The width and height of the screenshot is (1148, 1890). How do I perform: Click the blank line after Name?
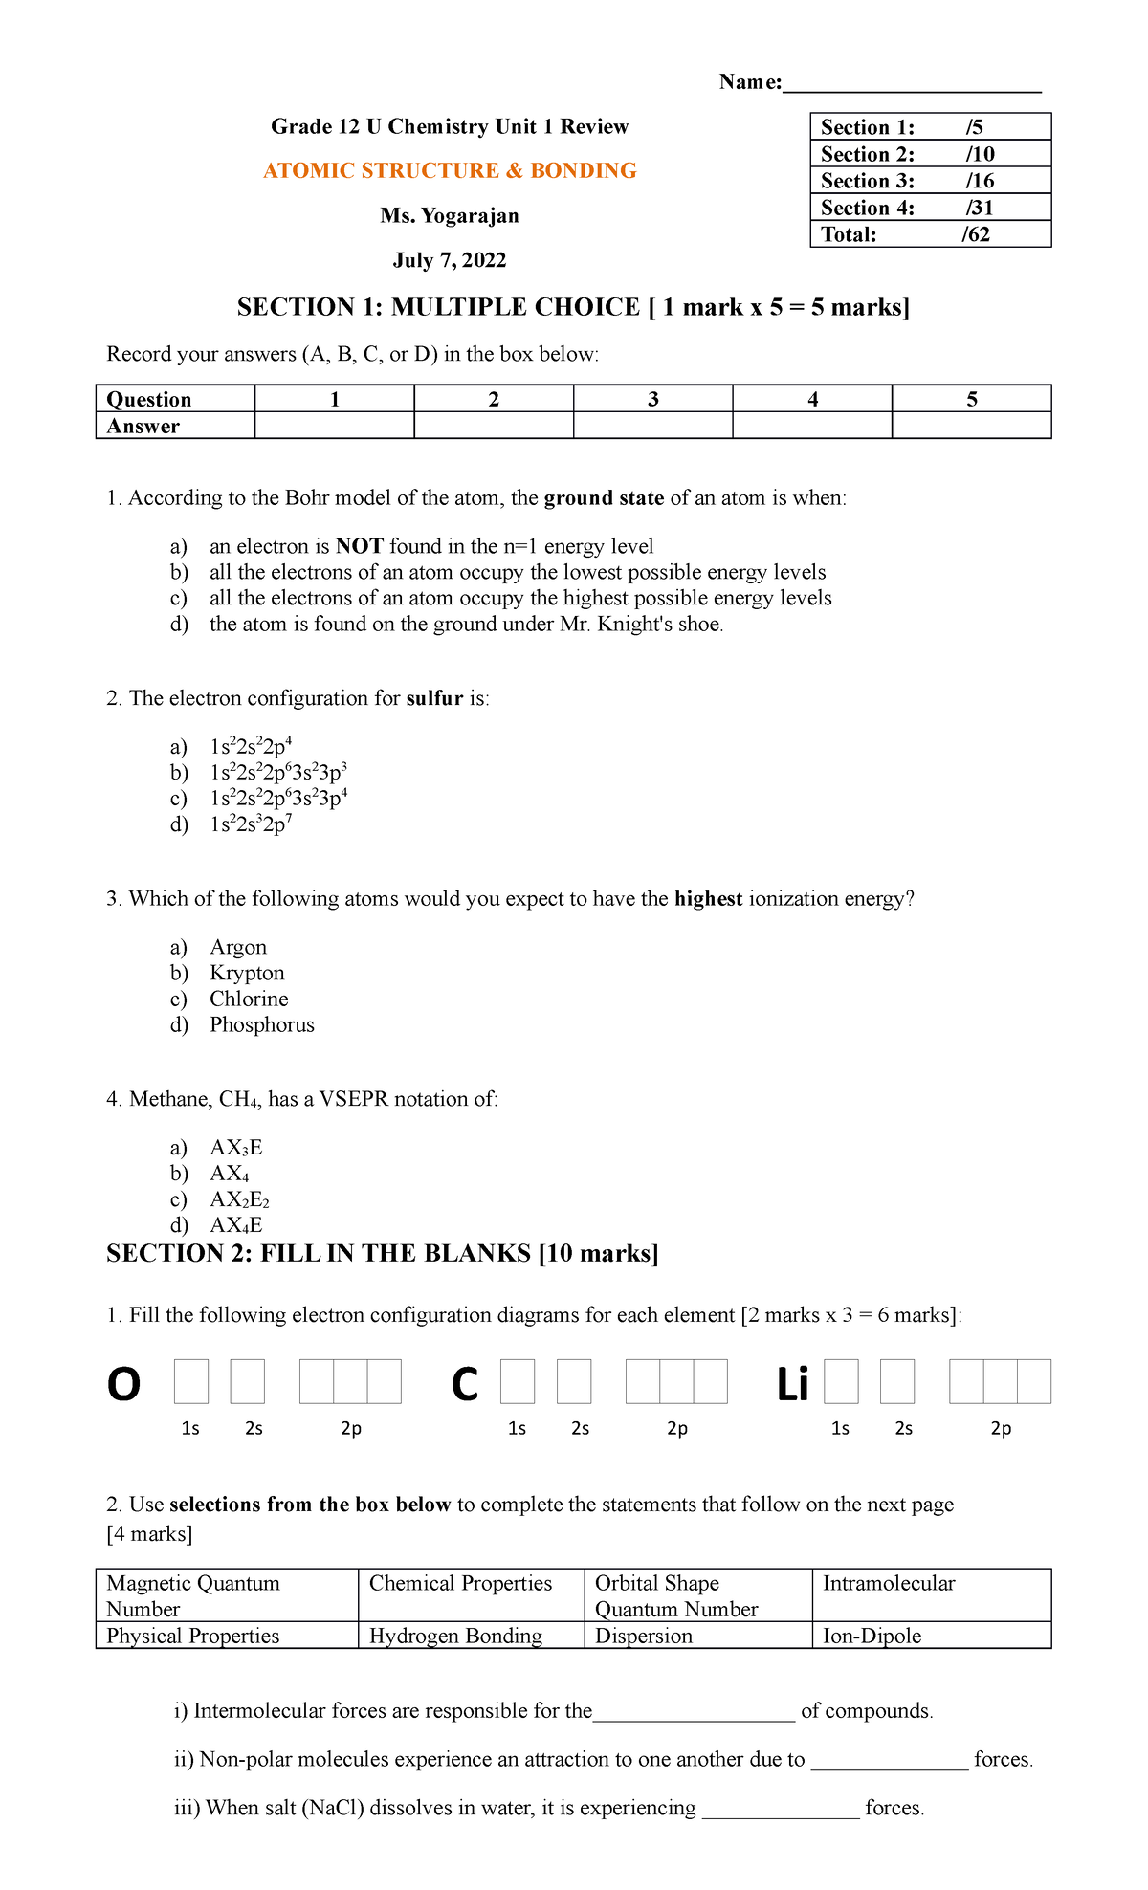911,84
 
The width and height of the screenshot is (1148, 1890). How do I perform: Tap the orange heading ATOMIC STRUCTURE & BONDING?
450,171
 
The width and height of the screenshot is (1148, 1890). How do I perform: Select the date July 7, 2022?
450,260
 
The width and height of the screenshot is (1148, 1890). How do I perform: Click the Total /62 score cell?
930,234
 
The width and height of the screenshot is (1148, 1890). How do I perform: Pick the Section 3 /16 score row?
930,181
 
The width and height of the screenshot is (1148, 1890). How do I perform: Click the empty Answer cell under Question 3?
652,426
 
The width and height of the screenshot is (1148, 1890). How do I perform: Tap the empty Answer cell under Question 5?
971,426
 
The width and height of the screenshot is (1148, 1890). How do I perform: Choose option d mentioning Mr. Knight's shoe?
466,625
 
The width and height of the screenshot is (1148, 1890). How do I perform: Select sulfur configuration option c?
278,799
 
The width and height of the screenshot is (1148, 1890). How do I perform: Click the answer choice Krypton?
247,973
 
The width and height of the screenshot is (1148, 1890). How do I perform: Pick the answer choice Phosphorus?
262,1024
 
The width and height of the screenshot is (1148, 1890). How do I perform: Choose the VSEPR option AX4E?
236,1225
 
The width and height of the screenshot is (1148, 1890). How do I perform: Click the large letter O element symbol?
123,1383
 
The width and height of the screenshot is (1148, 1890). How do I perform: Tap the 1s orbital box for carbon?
518,1382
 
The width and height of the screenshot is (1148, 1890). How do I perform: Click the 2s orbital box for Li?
897,1382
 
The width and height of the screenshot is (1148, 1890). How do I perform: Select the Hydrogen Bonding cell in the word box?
455,1636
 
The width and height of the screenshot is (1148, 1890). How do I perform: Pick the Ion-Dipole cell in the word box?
872,1636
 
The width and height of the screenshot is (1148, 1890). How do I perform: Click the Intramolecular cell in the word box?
889,1584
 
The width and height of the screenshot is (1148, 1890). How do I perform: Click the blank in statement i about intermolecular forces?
694,1711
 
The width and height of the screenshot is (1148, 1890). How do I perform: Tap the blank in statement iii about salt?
781,1809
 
